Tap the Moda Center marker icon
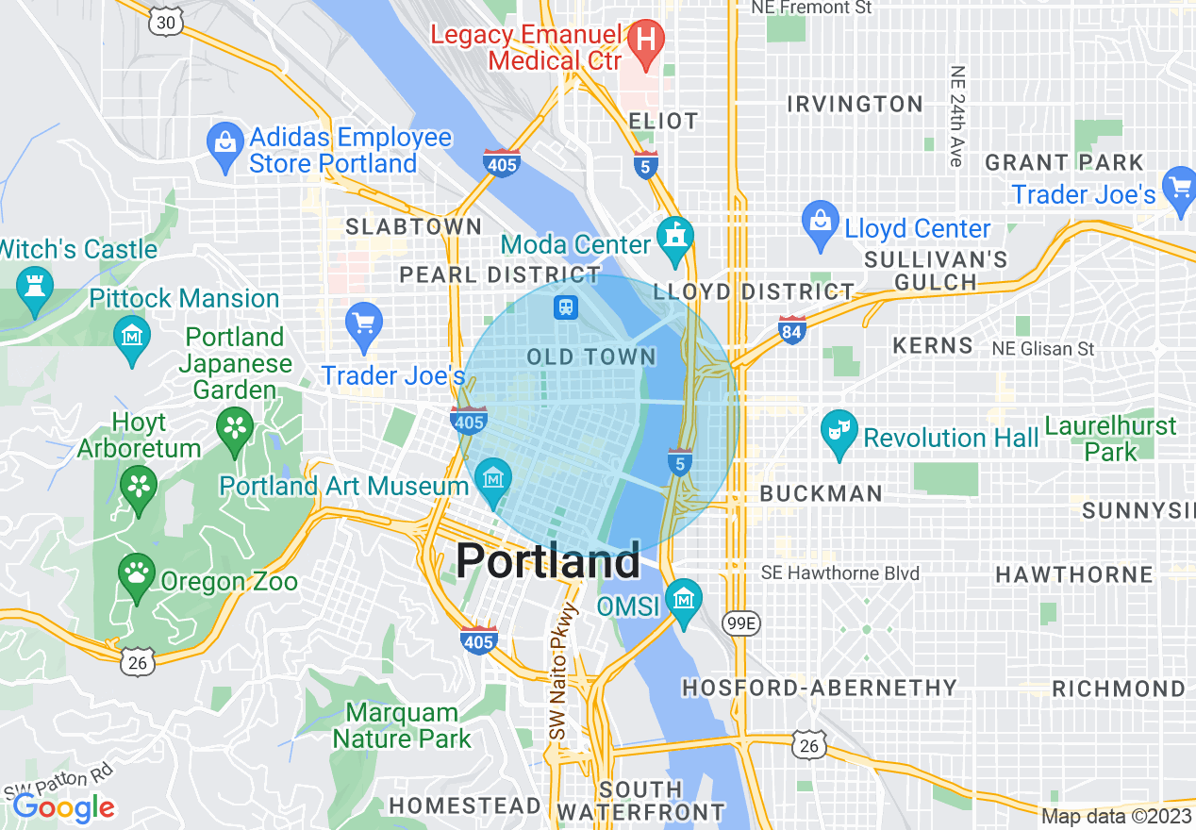pos(675,240)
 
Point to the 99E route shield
pos(740,622)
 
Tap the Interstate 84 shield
pos(792,329)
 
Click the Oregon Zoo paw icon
pos(138,574)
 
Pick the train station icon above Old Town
pos(566,307)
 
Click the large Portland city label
pos(548,562)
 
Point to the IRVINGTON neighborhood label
pos(855,104)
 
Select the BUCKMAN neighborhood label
pos(821,493)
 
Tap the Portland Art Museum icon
pos(492,480)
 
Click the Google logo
pos(64,807)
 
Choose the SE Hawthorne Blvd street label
pos(839,573)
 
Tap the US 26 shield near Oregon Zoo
pos(138,663)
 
